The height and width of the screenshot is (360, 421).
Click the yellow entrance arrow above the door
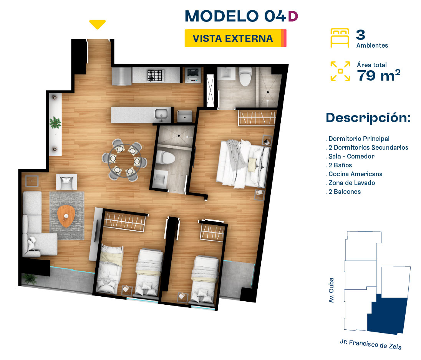(x=97, y=24)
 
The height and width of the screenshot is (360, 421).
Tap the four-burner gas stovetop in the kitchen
(x=156, y=75)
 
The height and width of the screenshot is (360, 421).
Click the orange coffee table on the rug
(x=66, y=216)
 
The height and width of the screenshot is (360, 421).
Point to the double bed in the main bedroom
(x=244, y=163)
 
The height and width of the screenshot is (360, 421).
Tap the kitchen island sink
(x=161, y=114)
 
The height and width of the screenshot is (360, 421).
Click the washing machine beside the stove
(x=193, y=75)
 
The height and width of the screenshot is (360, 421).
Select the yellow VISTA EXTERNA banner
(x=235, y=38)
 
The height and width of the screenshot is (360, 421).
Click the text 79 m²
(x=379, y=75)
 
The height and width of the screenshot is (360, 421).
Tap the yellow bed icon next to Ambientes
(x=340, y=38)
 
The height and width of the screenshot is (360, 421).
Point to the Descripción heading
(x=368, y=118)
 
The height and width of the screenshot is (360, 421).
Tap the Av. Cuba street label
(x=331, y=290)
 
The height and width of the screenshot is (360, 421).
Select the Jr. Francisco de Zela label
(x=371, y=344)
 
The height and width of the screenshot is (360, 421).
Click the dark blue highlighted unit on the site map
(x=388, y=315)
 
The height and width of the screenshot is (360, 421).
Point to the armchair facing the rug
(x=66, y=182)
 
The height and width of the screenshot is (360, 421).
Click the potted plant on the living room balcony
(x=30, y=279)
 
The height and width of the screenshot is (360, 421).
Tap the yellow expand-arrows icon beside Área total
(x=340, y=71)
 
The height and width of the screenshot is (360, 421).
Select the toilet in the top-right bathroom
(x=245, y=76)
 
